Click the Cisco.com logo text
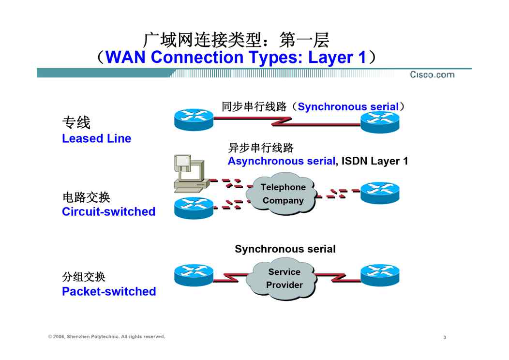point(432,75)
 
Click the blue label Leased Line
point(96,138)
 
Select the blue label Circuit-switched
point(108,211)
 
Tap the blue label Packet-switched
point(109,291)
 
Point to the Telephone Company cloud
point(282,194)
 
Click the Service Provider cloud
point(284,279)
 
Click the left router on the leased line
point(193,119)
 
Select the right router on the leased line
point(380,121)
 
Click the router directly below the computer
point(193,208)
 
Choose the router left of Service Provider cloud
point(193,275)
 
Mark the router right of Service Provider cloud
point(380,275)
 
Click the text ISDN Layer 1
point(374,161)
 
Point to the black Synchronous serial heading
point(285,249)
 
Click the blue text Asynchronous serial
point(281,161)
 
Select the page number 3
point(444,337)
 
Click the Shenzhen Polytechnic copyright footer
point(106,337)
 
